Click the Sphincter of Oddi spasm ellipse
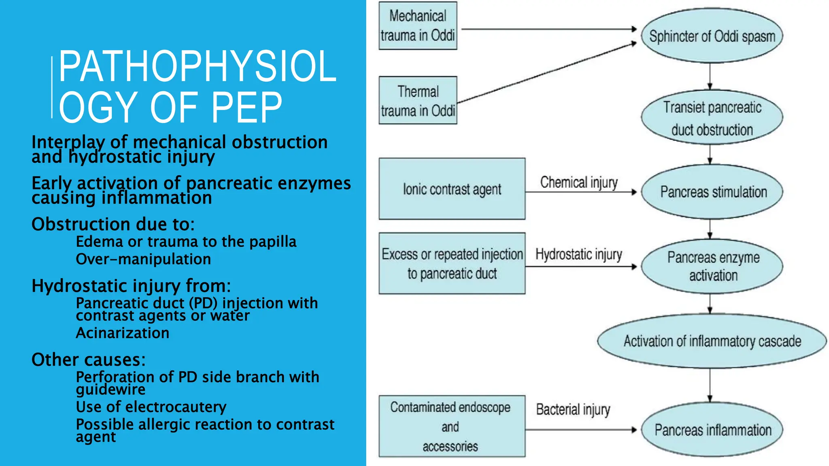point(712,36)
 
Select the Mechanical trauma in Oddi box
point(418,26)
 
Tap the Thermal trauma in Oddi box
point(418,100)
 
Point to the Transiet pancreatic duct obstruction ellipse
point(712,118)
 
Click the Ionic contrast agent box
point(452,189)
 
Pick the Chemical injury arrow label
point(579,182)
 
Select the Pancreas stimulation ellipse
point(713,192)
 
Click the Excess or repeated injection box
point(452,263)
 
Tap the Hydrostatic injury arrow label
point(578,254)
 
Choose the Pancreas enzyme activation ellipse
point(713,266)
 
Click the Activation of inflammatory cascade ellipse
point(712,341)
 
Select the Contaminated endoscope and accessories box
point(452,426)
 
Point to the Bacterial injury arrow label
point(573,409)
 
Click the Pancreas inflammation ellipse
point(713,430)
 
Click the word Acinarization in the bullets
point(122,333)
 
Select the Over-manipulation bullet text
point(143,259)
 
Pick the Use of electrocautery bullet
point(151,407)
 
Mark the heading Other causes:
point(88,360)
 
